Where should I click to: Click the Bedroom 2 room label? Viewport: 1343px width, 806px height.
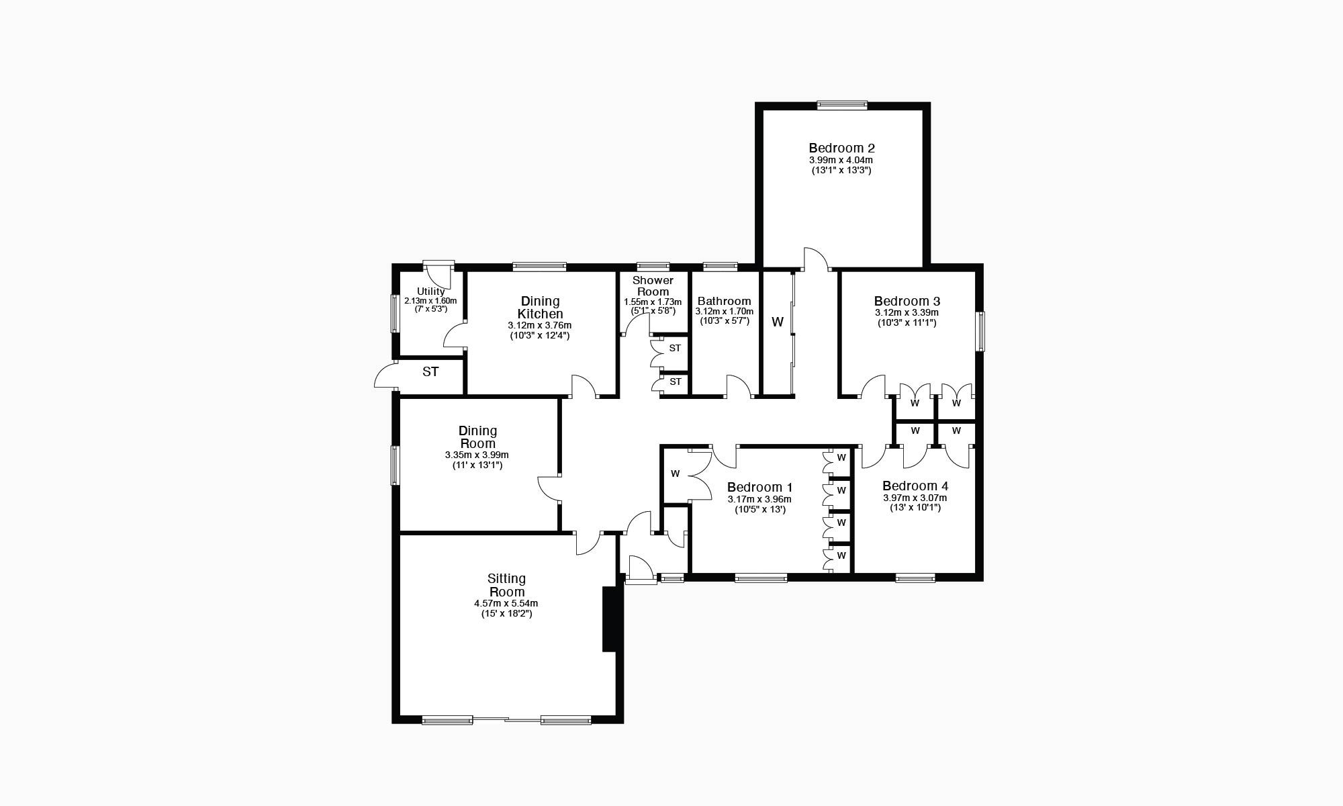841,148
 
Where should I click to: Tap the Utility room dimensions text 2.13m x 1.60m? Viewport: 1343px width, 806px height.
430,301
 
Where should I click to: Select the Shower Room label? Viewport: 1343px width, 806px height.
653,286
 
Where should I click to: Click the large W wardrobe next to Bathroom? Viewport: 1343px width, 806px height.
778,322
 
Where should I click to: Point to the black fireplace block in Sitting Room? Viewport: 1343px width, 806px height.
610,619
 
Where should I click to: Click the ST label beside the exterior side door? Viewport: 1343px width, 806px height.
430,371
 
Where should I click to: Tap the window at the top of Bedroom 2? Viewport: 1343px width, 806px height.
842,105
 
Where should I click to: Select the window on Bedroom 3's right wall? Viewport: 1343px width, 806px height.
980,331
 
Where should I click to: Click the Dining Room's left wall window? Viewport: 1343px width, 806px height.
396,465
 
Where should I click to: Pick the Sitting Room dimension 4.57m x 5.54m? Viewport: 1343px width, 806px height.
506,603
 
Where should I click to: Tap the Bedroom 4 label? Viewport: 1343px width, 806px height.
915,486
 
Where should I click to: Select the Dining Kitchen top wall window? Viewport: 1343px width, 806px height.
539,267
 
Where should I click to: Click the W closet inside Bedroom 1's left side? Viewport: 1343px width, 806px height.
676,474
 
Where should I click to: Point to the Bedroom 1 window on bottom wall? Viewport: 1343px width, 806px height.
761,578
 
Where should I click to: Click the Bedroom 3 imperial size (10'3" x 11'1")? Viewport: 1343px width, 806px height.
907,323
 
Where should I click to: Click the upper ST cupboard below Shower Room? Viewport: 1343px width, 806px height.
674,348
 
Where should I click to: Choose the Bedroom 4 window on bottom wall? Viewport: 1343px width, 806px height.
915,578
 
